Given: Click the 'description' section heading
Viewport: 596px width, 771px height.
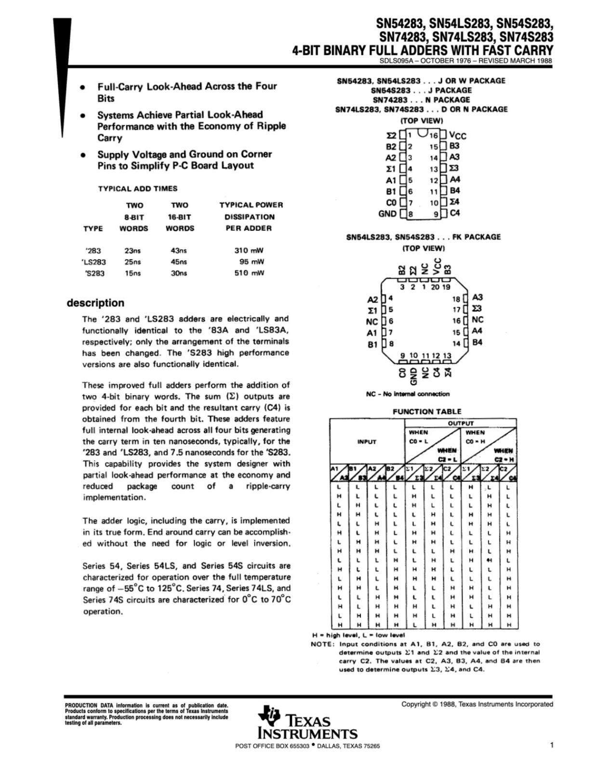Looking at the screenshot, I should pos(95,303).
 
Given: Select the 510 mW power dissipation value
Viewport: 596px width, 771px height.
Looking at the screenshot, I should pos(249,273).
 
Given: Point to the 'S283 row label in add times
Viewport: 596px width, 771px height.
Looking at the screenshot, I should pos(94,273).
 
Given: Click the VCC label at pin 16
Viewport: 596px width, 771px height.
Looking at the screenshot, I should pos(458,136).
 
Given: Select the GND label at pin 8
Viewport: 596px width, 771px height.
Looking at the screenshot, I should pos(387,213).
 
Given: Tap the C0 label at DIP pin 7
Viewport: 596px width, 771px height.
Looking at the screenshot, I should pos(391,202).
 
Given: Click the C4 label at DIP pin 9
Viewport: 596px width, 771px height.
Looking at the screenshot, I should pos(454,213).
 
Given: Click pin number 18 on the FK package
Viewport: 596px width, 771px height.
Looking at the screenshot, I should pos(457,298).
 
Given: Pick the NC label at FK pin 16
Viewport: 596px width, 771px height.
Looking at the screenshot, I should pos(477,320).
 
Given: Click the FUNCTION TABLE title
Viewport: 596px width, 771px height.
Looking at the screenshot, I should pos(426,412).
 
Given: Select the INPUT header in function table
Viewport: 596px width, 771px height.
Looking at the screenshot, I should pos(367,442).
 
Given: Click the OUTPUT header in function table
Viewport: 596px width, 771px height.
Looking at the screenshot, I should pos(461,423).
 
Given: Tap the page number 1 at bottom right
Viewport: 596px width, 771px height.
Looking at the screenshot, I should pos(551,745).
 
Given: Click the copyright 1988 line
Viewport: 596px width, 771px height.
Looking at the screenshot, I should pos(477,704).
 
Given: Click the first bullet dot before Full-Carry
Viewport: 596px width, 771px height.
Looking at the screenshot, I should pos(83,88).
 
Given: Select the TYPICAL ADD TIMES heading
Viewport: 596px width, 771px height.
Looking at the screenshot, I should pos(138,189).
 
